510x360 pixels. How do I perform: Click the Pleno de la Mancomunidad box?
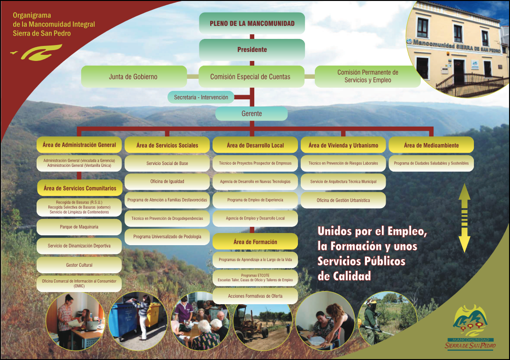pyautogui.click(x=252, y=23)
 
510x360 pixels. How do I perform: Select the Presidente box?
pyautogui.click(x=252, y=50)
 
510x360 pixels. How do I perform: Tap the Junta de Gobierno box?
pyautogui.click(x=133, y=76)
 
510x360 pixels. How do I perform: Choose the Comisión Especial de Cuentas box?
pyautogui.click(x=250, y=76)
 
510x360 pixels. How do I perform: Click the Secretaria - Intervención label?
pyautogui.click(x=201, y=97)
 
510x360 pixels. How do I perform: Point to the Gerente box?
pyautogui.click(x=251, y=113)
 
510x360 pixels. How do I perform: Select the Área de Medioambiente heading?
pyautogui.click(x=431, y=145)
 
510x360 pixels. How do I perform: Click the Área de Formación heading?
pyautogui.click(x=255, y=242)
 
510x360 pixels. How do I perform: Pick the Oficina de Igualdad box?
pyautogui.click(x=167, y=181)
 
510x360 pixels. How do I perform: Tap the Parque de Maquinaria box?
pyautogui.click(x=79, y=227)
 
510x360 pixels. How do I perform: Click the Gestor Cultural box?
pyautogui.click(x=79, y=265)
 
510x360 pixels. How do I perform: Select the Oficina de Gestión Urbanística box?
pyautogui.click(x=343, y=200)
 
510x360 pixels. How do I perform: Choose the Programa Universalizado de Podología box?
pyautogui.click(x=167, y=237)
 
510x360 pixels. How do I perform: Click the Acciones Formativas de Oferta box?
pyautogui.click(x=255, y=296)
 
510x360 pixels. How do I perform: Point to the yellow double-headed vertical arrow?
pyautogui.click(x=464, y=218)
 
